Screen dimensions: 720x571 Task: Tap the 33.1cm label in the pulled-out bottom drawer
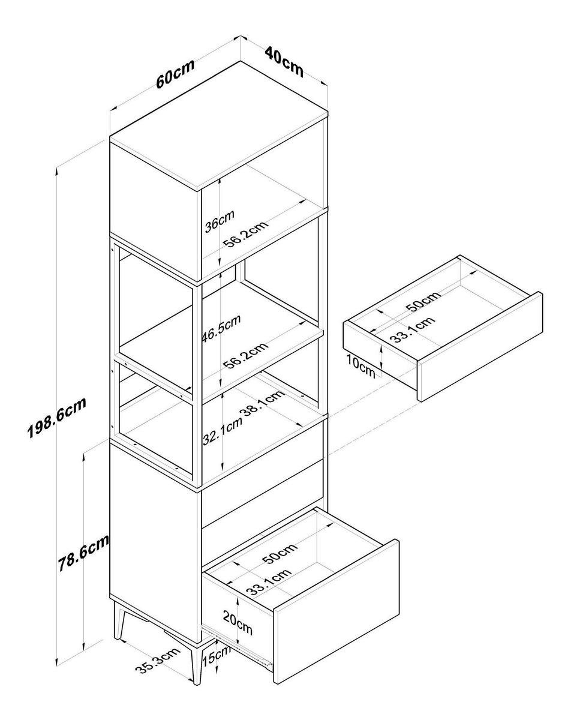[x=269, y=581]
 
